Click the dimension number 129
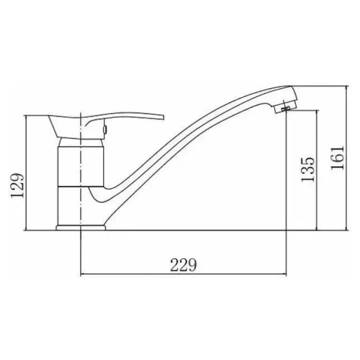(x=18, y=185)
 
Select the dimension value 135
(x=308, y=170)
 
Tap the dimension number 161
(x=337, y=157)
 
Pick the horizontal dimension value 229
(x=184, y=265)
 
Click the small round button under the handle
(x=105, y=130)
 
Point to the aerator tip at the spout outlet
(x=285, y=109)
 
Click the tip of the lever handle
(x=163, y=117)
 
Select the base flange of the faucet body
(x=81, y=228)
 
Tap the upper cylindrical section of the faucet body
(x=81, y=166)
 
